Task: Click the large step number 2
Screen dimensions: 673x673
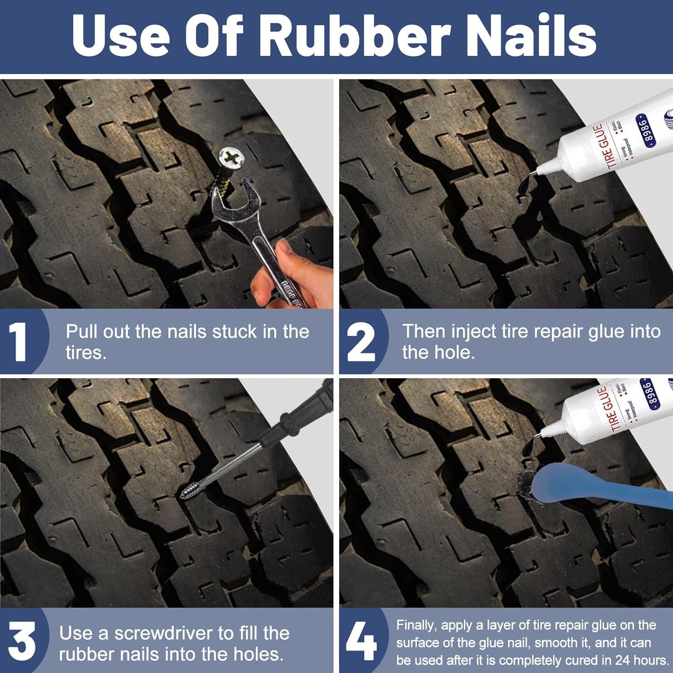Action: tap(361, 342)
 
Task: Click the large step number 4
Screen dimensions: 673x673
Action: tap(361, 642)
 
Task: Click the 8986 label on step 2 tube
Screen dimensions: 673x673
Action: tap(645, 130)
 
